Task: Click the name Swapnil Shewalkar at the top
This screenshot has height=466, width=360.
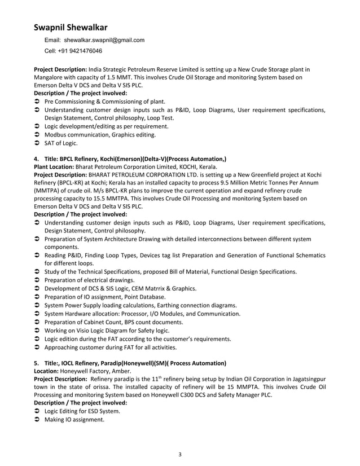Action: (71, 27)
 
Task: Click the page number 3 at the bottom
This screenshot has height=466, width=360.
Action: (179, 454)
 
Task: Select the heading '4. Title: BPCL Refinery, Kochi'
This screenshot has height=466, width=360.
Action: (130, 159)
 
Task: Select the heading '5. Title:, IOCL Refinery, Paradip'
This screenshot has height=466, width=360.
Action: (130, 363)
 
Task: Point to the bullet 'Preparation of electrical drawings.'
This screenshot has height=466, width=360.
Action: (90, 280)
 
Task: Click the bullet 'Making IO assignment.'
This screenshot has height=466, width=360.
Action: (74, 420)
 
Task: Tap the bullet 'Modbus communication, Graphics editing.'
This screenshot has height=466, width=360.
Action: (100, 135)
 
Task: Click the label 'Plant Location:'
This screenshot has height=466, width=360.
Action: (55, 168)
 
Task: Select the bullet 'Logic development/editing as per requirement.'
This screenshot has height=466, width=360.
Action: (107, 126)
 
